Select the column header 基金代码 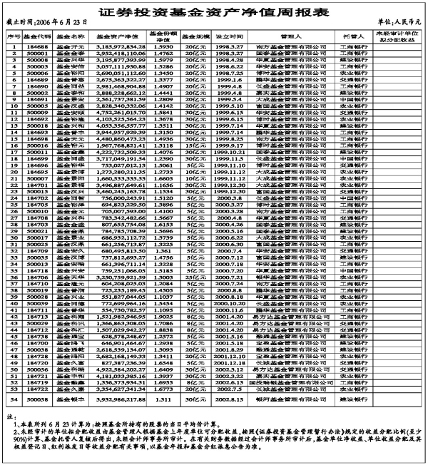(x=36, y=35)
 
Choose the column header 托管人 (x=357, y=35)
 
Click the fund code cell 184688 (x=36, y=46)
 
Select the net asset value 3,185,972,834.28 (x=115, y=46)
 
